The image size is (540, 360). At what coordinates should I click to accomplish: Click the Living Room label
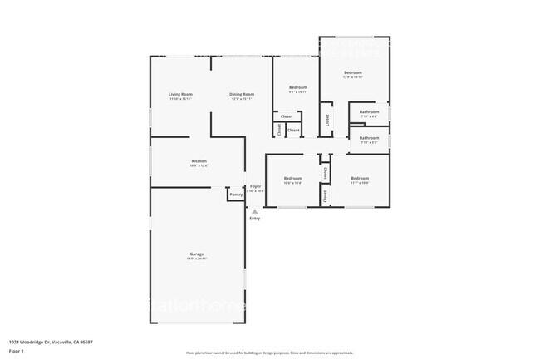(181, 94)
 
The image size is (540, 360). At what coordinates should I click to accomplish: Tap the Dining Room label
(242, 94)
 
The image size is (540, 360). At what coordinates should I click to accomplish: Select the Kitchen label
(199, 160)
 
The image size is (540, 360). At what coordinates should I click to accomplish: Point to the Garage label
(197, 254)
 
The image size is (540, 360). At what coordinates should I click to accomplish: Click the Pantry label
(236, 195)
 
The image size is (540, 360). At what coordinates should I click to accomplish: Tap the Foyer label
(256, 186)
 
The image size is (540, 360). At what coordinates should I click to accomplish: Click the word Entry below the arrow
(255, 219)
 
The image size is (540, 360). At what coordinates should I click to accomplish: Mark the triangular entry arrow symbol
(255, 211)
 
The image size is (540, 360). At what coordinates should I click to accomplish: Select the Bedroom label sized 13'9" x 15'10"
(353, 72)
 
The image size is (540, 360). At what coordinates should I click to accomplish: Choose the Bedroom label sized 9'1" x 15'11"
(298, 87)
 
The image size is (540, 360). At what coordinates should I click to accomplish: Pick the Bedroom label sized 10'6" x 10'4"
(292, 178)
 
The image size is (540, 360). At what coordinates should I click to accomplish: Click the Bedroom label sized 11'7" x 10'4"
(359, 178)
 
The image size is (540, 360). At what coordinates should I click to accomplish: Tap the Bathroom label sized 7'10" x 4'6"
(369, 111)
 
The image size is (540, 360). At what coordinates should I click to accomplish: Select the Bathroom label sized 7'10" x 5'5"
(369, 137)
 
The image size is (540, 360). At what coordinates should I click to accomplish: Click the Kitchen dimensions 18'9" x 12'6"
(199, 165)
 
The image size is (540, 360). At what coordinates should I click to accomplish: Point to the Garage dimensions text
(197, 259)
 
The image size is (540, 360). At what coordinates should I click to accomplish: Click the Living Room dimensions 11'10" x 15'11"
(181, 99)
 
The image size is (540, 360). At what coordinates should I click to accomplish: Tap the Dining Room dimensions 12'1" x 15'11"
(242, 99)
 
